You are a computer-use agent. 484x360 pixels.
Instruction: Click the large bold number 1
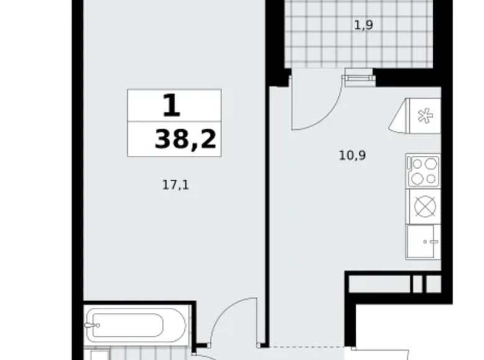pyautogui.click(x=171, y=106)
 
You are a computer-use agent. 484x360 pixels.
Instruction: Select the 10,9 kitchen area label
pyautogui.click(x=352, y=155)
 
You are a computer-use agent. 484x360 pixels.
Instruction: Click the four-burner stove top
pyautogui.click(x=423, y=171)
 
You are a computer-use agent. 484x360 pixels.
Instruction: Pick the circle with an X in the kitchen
pyautogui.click(x=423, y=206)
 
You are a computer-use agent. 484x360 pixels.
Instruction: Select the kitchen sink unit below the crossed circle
pyautogui.click(x=423, y=242)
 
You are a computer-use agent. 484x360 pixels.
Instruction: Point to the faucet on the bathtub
pyautogui.click(x=93, y=323)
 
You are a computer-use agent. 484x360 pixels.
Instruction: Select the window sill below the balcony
pyautogui.click(x=360, y=77)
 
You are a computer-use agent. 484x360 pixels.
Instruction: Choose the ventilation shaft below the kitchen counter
pyautogui.click(x=393, y=283)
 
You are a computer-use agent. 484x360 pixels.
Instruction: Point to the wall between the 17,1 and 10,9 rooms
pyautogui.click(x=268, y=211)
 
